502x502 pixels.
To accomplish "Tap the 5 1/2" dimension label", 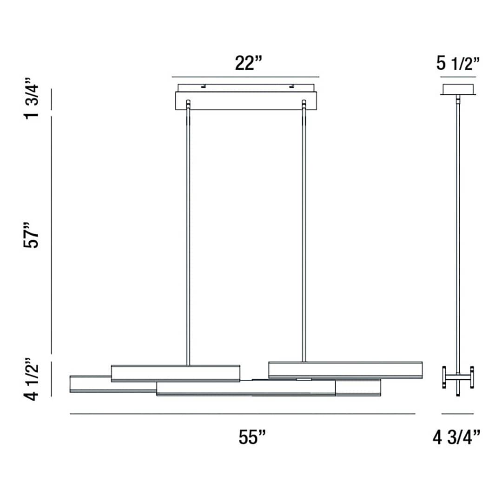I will click(458, 63).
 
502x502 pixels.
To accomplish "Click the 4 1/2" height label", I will click(33, 379).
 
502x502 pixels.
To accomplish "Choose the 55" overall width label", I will click(252, 437).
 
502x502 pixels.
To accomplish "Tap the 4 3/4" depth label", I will click(456, 437).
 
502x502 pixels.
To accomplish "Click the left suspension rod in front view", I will click(188, 232).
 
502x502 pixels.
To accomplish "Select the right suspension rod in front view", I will click(304, 232).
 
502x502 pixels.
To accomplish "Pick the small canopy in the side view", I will click(458, 89).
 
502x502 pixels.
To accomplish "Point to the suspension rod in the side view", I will click(458, 232).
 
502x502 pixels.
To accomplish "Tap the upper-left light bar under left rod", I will click(176, 373).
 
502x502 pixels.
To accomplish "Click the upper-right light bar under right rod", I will click(345, 370).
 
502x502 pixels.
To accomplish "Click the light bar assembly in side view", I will click(458, 377).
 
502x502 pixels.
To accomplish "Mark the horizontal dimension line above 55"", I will click(242, 414).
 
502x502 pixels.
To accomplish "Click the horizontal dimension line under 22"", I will click(245, 77).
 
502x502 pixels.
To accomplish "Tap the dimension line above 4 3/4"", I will click(457, 414).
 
